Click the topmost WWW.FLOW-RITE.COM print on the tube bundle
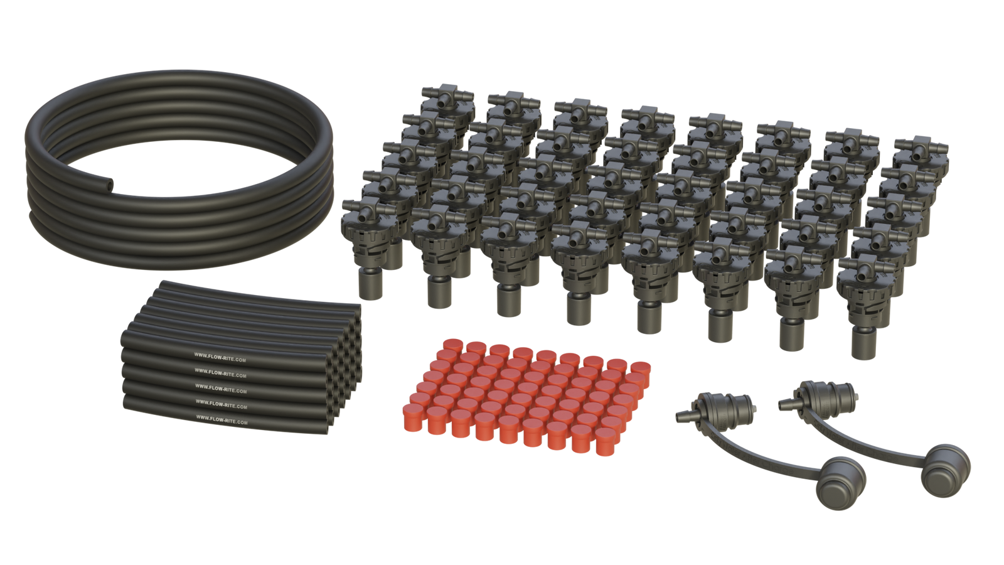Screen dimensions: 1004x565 (220, 357)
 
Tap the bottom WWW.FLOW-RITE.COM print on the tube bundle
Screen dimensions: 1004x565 (222, 419)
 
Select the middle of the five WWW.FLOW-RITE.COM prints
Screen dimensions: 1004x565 (221, 389)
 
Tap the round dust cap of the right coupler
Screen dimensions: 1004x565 (945, 471)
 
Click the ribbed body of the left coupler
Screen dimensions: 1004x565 (726, 406)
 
